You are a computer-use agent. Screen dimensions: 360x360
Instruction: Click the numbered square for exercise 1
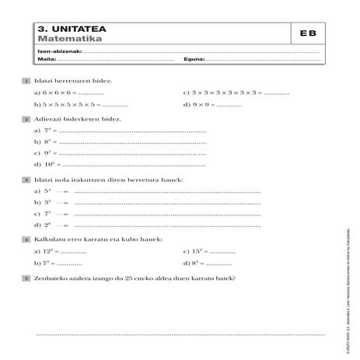(28, 80)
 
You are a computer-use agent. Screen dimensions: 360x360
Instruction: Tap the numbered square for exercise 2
(28, 120)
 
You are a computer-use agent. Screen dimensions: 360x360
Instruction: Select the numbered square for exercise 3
(28, 178)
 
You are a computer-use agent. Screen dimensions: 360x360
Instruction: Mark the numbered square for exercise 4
(28, 238)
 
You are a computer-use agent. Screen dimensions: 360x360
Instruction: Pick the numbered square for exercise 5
(28, 278)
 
